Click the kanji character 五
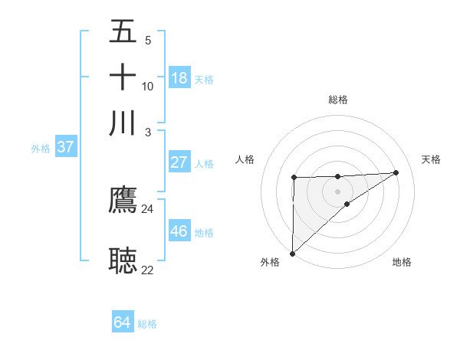tap(123, 33)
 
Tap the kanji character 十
tap(123, 77)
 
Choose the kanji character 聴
tap(123, 260)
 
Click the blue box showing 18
tap(179, 78)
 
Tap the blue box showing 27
tap(179, 162)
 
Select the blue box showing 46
tap(179, 231)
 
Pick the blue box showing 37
tap(65, 148)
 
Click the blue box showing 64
tap(123, 322)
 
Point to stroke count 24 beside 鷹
tap(147, 208)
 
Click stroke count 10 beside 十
tap(147, 86)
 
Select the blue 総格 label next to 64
tap(147, 324)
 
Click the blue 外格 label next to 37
tap(40, 149)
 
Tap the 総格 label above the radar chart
tap(337, 100)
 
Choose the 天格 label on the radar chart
tap(431, 159)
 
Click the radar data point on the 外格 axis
tap(292, 253)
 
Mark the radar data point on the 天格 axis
tap(396, 172)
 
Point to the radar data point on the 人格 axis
tap(294, 178)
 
